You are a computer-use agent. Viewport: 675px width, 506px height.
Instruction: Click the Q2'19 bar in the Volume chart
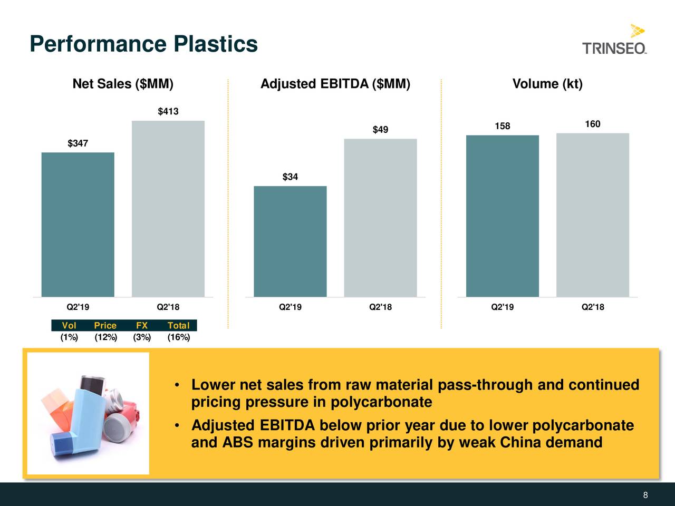(x=502, y=216)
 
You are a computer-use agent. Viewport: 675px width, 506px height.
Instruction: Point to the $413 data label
(x=168, y=111)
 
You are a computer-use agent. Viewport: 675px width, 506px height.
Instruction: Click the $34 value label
(x=290, y=177)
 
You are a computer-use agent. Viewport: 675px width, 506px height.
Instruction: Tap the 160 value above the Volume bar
(x=592, y=124)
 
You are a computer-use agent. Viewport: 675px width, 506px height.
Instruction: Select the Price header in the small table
(x=105, y=326)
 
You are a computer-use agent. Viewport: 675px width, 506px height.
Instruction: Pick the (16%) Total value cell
(x=178, y=337)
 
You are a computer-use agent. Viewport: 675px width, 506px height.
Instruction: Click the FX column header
(x=141, y=326)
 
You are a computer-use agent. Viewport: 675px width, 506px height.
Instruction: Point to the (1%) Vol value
(x=69, y=337)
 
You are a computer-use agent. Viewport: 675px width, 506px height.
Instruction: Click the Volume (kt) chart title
(x=547, y=84)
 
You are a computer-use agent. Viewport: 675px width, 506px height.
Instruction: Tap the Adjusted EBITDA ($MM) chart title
(x=335, y=84)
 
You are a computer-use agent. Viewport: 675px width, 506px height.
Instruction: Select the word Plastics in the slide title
(x=216, y=44)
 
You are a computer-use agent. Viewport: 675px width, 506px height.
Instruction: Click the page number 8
(x=645, y=495)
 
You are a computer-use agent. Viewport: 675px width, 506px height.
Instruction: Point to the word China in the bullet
(x=520, y=442)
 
